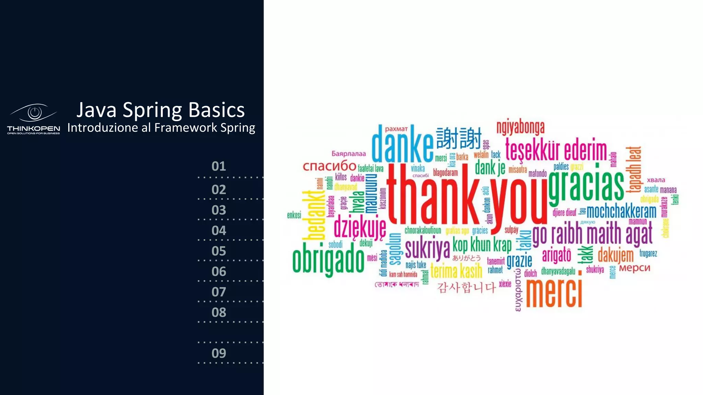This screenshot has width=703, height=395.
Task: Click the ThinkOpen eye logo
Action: (34, 113)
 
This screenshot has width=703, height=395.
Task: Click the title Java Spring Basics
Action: (160, 110)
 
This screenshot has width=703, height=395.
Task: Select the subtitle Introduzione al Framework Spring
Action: (161, 128)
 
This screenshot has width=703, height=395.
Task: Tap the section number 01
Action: (219, 166)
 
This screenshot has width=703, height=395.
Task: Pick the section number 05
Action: (219, 251)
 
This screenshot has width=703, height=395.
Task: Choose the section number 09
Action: (219, 353)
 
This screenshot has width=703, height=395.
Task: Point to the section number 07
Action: (219, 292)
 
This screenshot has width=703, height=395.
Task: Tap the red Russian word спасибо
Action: (329, 166)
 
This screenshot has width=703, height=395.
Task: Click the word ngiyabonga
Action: (520, 128)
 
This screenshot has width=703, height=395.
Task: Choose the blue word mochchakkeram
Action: (621, 212)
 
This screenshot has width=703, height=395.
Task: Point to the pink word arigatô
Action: (556, 255)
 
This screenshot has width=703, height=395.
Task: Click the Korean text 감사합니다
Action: (466, 287)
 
